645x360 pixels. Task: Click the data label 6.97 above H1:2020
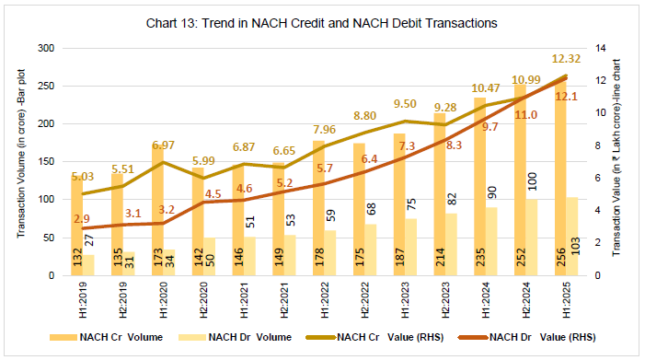[168, 146]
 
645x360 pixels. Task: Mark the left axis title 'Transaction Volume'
[19, 161]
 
